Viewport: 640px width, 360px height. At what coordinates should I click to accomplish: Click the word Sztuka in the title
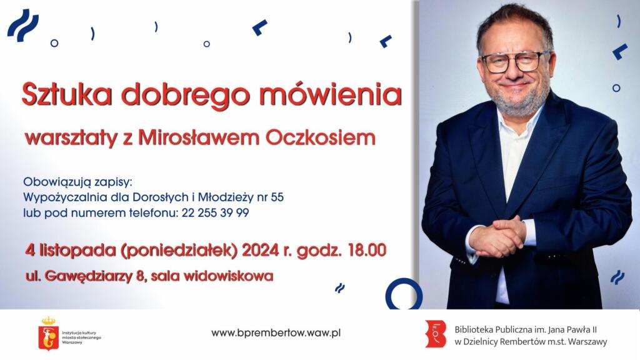pyautogui.click(x=67, y=95)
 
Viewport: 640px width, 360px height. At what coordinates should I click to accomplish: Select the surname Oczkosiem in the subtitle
pyautogui.click(x=321, y=137)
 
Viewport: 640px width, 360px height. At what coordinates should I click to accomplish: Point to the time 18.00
pyautogui.click(x=367, y=250)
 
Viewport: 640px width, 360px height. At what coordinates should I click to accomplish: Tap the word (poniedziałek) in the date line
pyautogui.click(x=179, y=251)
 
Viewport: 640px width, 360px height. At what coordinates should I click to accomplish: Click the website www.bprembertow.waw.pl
pyautogui.click(x=276, y=333)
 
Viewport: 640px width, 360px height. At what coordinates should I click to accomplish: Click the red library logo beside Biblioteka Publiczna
pyautogui.click(x=436, y=334)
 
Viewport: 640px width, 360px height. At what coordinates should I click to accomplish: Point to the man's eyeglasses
pyautogui.click(x=515, y=62)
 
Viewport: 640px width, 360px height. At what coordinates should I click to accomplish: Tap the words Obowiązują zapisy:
pyautogui.click(x=78, y=182)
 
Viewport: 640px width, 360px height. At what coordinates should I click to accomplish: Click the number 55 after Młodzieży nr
pyautogui.click(x=277, y=197)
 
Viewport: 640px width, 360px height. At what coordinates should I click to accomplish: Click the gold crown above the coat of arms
pyautogui.click(x=49, y=321)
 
